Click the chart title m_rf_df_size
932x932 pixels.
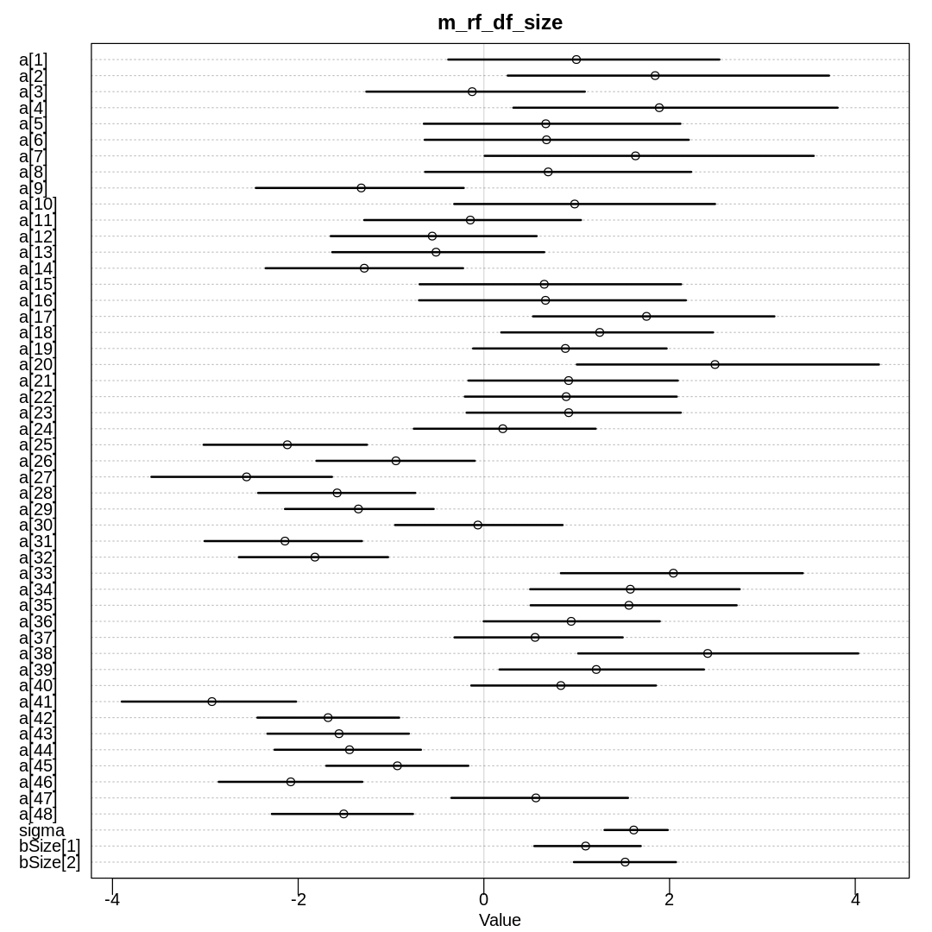[500, 23]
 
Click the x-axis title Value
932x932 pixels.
[500, 920]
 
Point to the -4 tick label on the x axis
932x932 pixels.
[112, 899]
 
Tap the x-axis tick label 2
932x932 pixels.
[670, 899]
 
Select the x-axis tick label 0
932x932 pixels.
[483, 899]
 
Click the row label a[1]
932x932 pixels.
[33, 60]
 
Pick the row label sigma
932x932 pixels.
[41, 830]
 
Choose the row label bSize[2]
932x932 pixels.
[49, 862]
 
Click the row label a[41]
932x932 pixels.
[36, 702]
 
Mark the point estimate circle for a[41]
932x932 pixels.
[211, 702]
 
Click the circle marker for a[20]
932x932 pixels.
[715, 364]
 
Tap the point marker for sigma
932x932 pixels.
[633, 830]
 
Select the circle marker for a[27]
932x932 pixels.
[246, 476]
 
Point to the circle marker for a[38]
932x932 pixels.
[708, 653]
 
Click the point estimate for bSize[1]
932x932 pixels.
[585, 846]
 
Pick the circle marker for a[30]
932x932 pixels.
[477, 525]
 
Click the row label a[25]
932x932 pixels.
[36, 444]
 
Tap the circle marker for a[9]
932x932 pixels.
[361, 188]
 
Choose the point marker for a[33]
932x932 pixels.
[673, 573]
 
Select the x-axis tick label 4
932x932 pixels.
[855, 899]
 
